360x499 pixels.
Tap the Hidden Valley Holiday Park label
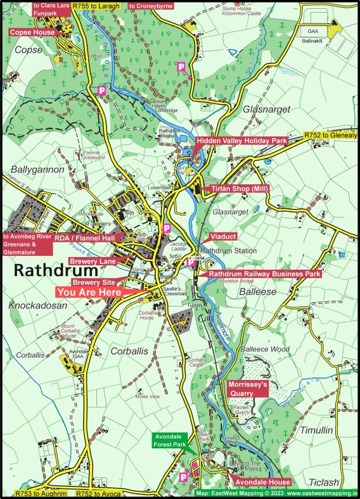(x=241, y=141)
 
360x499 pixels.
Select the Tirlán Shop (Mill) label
(x=236, y=189)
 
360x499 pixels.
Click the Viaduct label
(x=222, y=236)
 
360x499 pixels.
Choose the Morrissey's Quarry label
(x=248, y=388)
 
